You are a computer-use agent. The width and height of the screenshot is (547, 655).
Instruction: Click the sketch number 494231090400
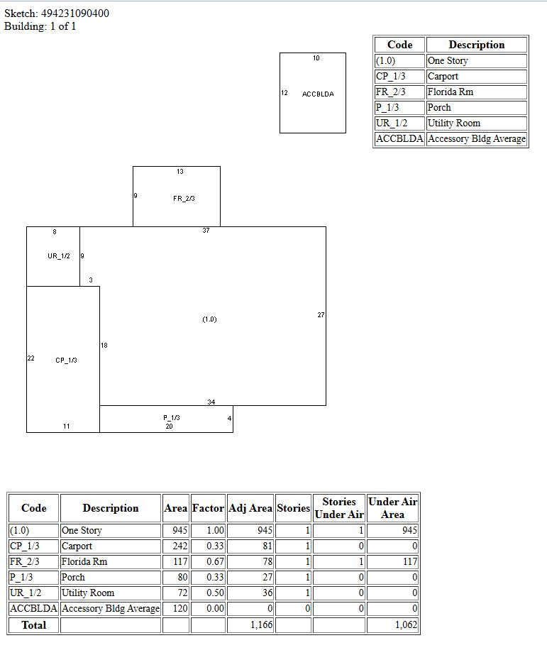(x=75, y=13)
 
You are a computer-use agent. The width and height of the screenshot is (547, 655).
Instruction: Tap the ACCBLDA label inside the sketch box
(x=318, y=94)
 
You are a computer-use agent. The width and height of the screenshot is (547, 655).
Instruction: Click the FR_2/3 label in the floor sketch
(x=184, y=199)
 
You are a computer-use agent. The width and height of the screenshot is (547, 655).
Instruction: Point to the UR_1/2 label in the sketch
(x=58, y=256)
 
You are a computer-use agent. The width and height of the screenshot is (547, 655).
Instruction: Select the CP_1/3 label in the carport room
(x=66, y=360)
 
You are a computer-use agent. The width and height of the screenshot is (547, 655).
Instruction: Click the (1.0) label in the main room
(x=209, y=319)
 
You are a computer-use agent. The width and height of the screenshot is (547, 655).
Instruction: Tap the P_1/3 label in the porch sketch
(x=171, y=418)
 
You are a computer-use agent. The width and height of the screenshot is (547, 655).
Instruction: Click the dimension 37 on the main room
(x=206, y=231)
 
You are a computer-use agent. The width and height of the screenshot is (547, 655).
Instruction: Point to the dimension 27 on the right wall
(x=321, y=315)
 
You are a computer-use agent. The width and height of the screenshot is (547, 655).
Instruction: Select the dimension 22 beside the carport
(x=31, y=358)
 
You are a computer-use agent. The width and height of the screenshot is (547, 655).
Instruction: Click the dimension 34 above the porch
(x=211, y=402)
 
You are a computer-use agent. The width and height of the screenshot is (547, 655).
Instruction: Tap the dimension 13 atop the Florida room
(x=180, y=172)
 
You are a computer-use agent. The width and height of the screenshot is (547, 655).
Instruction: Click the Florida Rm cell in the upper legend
(x=450, y=92)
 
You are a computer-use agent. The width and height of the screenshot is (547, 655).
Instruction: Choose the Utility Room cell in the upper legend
(x=454, y=123)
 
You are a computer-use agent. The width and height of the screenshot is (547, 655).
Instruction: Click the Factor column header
(x=208, y=508)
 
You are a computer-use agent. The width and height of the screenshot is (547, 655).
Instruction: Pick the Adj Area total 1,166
(x=261, y=625)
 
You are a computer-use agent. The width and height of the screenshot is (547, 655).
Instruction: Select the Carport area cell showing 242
(x=180, y=546)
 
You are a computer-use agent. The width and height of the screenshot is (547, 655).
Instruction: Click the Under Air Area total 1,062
(x=407, y=625)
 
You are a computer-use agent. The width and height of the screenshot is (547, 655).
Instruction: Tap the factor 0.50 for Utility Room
(x=215, y=593)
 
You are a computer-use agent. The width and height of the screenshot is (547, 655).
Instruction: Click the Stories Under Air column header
(x=339, y=508)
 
